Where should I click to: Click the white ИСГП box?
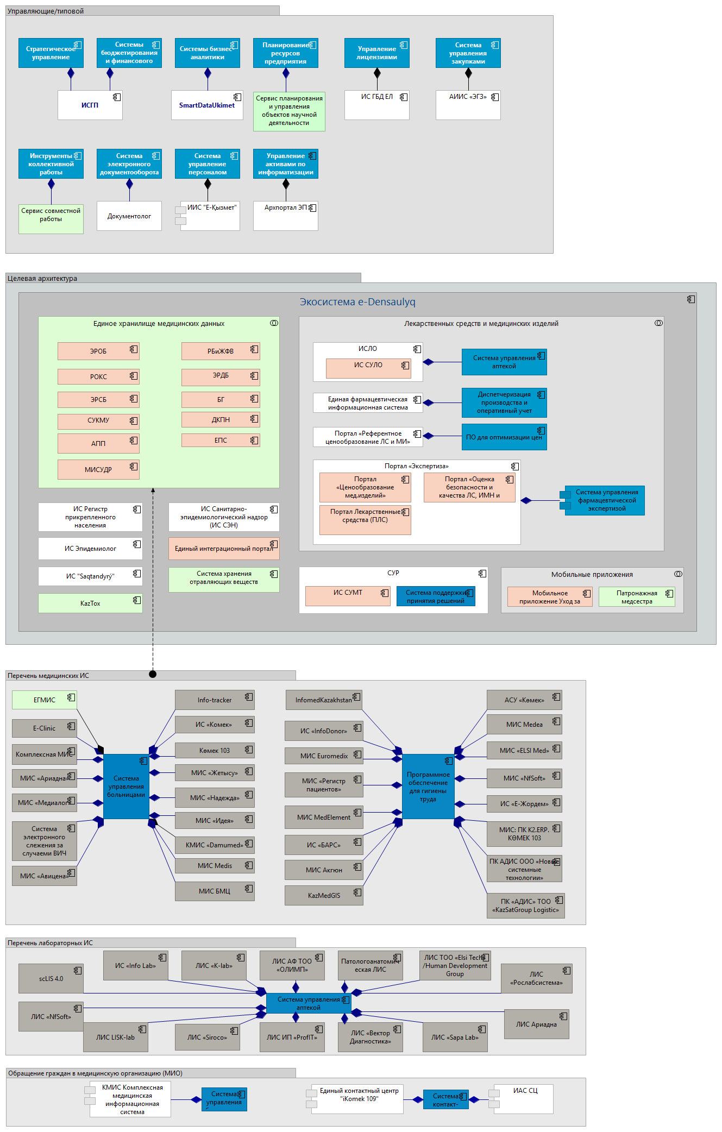point(90,105)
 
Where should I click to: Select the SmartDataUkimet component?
point(206,105)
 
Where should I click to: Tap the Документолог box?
point(129,216)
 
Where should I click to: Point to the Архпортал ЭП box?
point(285,216)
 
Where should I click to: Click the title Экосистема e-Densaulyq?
point(357,302)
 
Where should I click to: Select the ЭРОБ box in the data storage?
point(98,351)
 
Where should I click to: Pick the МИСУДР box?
point(98,469)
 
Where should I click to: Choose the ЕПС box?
point(221,440)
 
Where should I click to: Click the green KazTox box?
point(90,603)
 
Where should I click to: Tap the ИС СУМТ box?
point(348,595)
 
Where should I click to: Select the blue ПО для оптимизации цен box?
point(504,437)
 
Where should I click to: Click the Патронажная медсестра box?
point(637,596)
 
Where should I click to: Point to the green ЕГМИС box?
point(45,700)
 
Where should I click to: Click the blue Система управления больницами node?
point(126,786)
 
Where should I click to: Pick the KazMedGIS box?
point(324,895)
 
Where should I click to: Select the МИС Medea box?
point(524,724)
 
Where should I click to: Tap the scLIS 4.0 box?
point(51,978)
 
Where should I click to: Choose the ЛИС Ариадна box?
point(536,1024)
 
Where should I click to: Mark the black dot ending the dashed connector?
point(153,674)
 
